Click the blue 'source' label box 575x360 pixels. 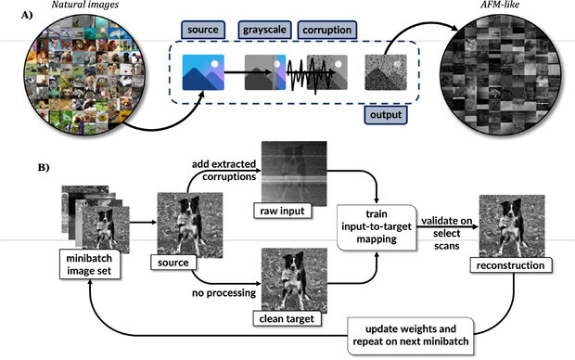pyautogui.click(x=203, y=30)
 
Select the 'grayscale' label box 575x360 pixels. pyautogui.click(x=264, y=30)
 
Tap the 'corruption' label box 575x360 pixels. pyautogui.click(x=326, y=30)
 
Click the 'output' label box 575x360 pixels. pyautogui.click(x=386, y=115)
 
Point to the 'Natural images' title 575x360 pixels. pyautogui.click(x=85, y=5)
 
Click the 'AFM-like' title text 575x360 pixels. pyautogui.click(x=500, y=5)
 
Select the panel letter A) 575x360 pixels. pyautogui.click(x=27, y=15)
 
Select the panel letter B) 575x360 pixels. pyautogui.click(x=44, y=167)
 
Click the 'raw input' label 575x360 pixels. pyautogui.click(x=282, y=211)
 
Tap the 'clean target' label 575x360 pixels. pyautogui.click(x=287, y=318)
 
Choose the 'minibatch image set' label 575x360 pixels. pyautogui.click(x=89, y=264)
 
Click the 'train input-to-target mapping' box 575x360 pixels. pyautogui.click(x=377, y=226)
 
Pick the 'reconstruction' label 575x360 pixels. pyautogui.click(x=510, y=265)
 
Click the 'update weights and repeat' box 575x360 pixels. pyautogui.click(x=411, y=335)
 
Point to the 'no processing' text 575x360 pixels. pyautogui.click(x=224, y=293)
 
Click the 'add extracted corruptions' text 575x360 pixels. pyautogui.click(x=224, y=170)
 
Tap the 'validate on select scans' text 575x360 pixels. pyautogui.click(x=447, y=233)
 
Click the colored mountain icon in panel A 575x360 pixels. pyautogui.click(x=203, y=72)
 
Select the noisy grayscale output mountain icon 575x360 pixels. pyautogui.click(x=386, y=72)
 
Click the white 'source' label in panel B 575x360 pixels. pyautogui.click(x=173, y=263)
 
